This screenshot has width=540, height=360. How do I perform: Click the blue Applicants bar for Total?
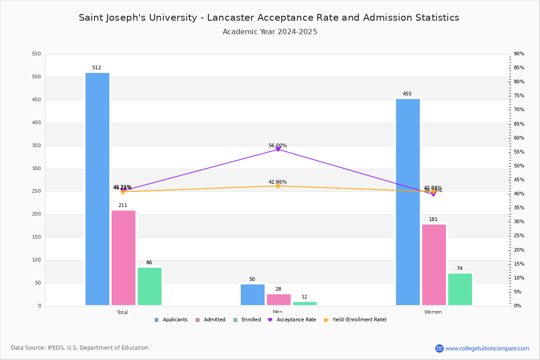tap(97, 189)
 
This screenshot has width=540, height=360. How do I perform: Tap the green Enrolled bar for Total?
tap(149, 286)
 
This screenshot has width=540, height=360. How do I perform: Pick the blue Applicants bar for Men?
tap(252, 295)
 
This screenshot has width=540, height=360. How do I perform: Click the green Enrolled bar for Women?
tap(460, 289)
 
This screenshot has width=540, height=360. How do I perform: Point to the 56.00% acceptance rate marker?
tap(278, 149)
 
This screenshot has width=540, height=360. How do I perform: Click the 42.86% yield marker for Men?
tap(278, 186)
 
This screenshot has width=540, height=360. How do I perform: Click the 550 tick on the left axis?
tap(36, 54)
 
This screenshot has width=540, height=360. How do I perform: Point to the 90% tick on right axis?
tap(519, 54)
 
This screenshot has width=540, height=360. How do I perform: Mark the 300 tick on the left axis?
tap(36, 169)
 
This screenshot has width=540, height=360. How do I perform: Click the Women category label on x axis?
tap(433, 312)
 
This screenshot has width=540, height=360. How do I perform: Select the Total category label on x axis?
tap(122, 312)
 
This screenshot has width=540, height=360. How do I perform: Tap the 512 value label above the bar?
tap(97, 68)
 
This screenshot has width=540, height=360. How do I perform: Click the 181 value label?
tap(433, 220)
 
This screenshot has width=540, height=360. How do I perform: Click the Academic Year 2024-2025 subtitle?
tap(270, 32)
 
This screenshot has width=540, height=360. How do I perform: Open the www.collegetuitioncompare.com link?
tap(487, 348)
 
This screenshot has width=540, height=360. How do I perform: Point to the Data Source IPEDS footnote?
tap(80, 348)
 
